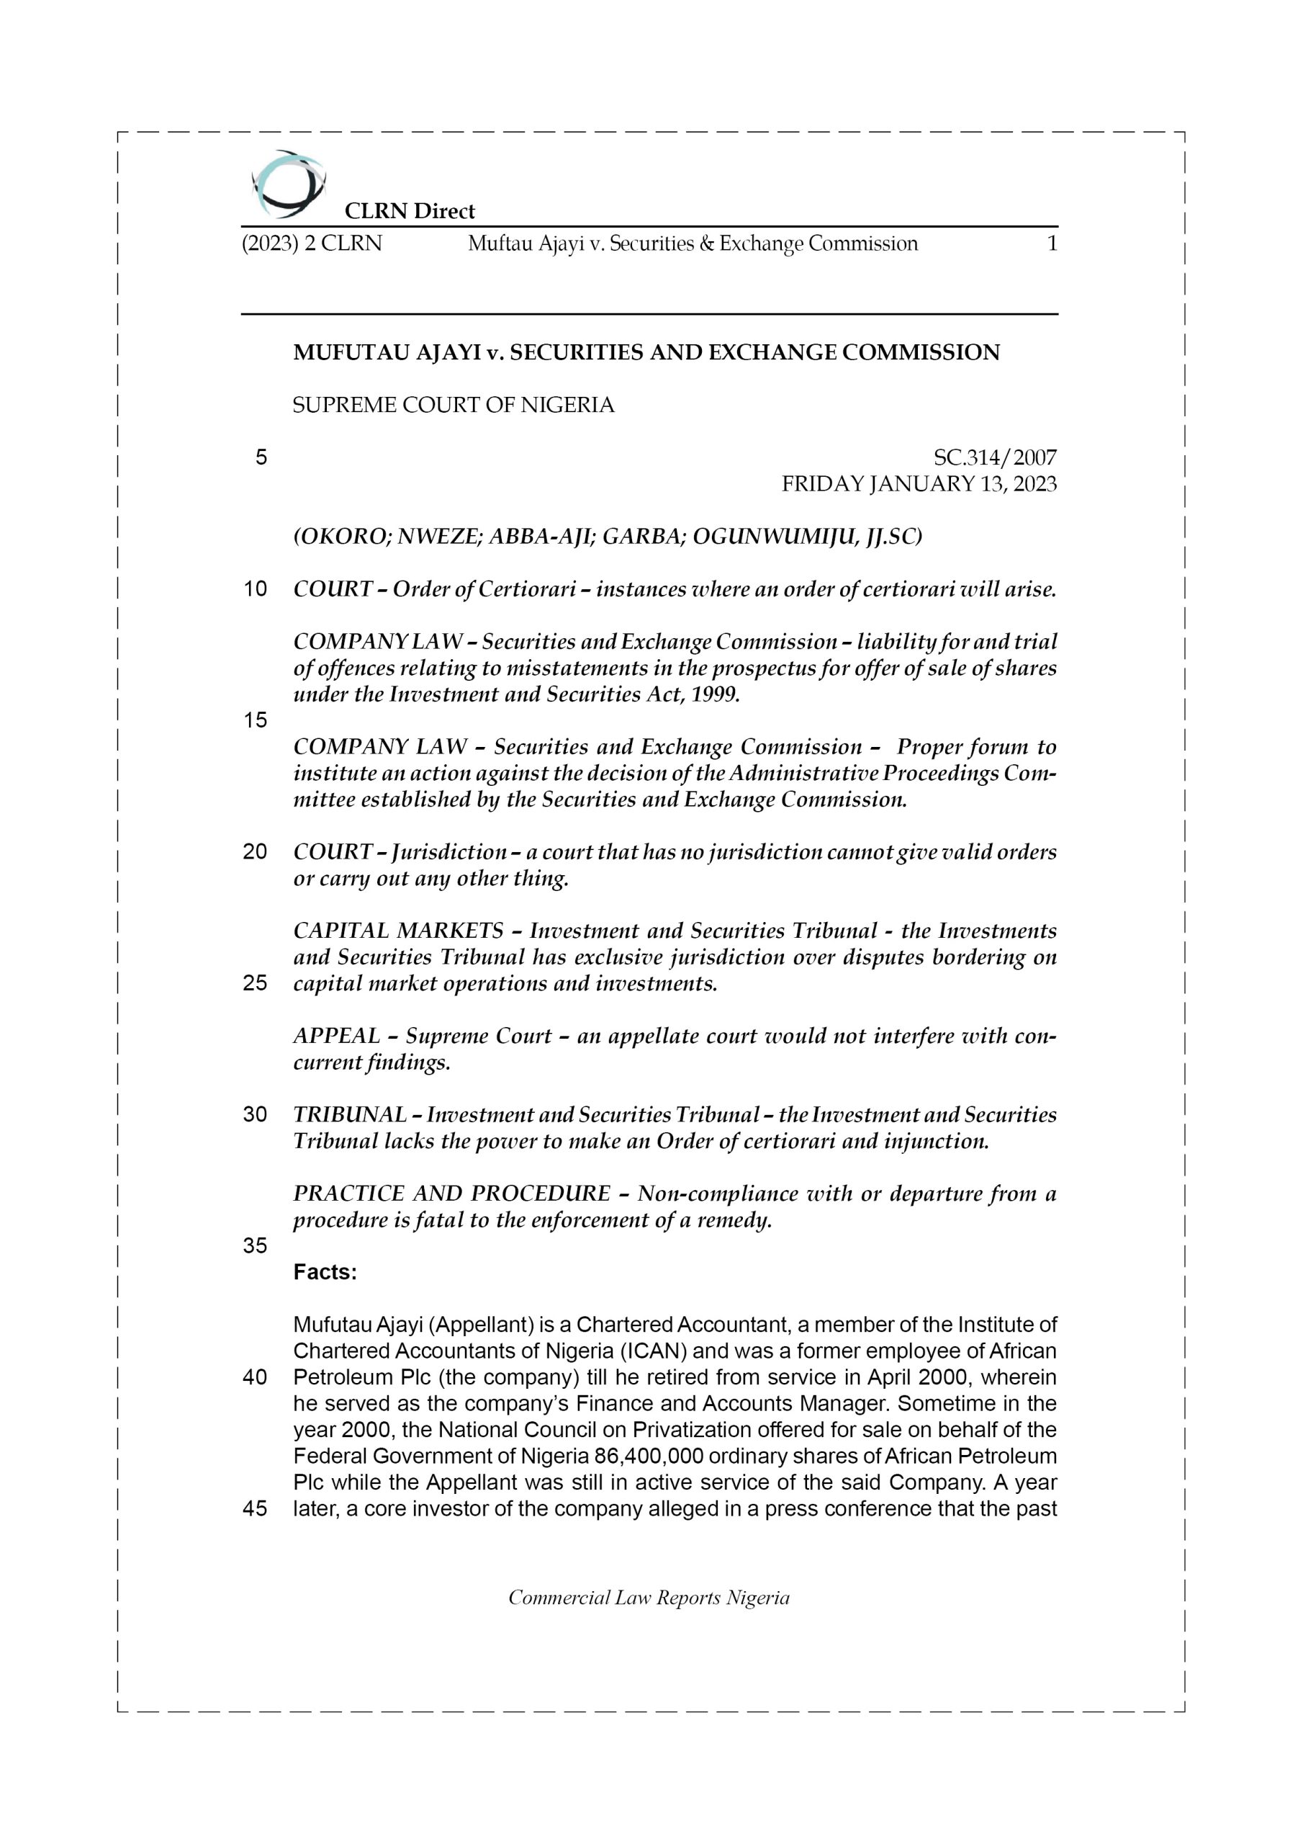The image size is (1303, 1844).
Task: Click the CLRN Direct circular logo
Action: point(288,184)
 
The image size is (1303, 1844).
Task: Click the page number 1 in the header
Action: point(1052,243)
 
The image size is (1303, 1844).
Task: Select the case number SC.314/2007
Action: point(995,458)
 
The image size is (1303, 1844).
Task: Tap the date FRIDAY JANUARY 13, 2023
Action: point(919,484)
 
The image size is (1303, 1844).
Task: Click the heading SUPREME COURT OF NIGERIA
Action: point(453,406)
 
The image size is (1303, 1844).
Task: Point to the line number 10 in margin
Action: point(256,589)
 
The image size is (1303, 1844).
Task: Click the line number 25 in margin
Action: point(256,983)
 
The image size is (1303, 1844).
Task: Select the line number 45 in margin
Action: point(256,1509)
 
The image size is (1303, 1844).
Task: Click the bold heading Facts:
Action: point(325,1272)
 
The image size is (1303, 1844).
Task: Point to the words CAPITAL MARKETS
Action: point(398,931)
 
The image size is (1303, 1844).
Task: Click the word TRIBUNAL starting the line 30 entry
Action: point(349,1115)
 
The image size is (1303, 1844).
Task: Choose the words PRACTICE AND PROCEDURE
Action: point(452,1194)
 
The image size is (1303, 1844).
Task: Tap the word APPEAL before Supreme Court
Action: point(336,1036)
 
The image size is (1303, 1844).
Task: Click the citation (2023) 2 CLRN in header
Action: point(312,243)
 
